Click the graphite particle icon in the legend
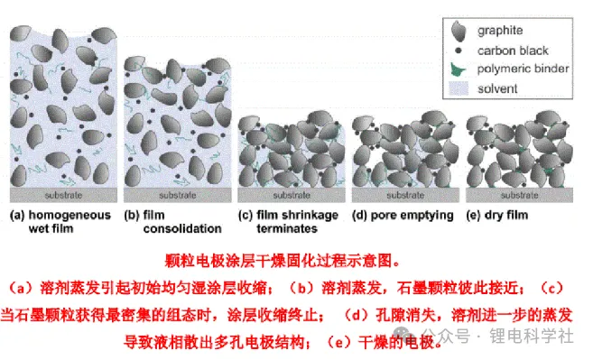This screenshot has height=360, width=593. coord(459,31)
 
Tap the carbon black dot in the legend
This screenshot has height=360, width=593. coord(459,51)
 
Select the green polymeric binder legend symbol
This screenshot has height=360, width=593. coord(458,69)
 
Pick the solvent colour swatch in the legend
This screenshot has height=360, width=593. coord(459,88)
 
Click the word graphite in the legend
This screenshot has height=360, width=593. coord(500,31)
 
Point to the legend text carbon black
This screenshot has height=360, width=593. coord(513,51)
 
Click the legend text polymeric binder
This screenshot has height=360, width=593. coord(523,69)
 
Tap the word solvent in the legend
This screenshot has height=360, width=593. coord(497,88)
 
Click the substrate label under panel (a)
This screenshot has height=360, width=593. coord(63,195)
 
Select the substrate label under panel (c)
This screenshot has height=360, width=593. coord(292,195)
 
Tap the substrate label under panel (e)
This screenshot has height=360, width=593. coord(519,195)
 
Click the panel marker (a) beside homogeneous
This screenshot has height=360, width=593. coord(17,215)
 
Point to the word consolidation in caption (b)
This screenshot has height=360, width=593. coord(182,228)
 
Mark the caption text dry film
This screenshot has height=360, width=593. coord(506,215)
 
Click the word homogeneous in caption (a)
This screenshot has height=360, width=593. coord(69,215)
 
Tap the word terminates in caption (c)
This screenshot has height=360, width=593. coord(287,228)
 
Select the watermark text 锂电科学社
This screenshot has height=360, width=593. coord(532,336)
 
